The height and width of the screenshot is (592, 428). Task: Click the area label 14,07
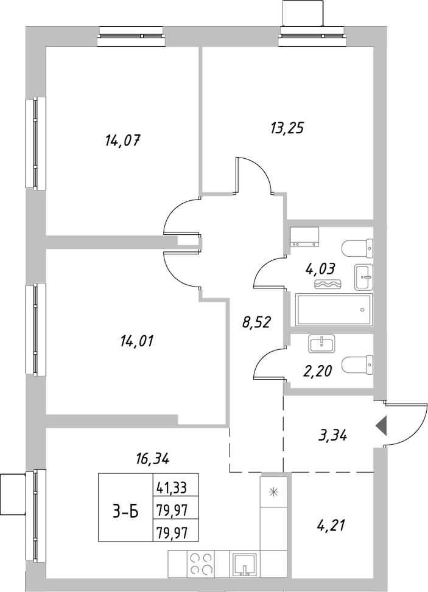[123, 141]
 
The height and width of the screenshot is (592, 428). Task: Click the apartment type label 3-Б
[125, 512]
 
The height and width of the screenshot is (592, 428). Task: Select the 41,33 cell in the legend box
[172, 486]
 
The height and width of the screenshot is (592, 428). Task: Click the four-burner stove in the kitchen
[200, 563]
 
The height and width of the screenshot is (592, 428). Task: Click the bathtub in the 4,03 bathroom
[333, 310]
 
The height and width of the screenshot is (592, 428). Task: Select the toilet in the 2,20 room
[357, 365]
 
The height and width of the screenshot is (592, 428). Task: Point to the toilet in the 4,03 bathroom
[357, 248]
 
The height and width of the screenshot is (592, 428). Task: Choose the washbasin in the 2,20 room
[321, 344]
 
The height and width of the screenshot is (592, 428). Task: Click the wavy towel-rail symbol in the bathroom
[329, 284]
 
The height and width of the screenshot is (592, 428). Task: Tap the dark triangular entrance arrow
[381, 425]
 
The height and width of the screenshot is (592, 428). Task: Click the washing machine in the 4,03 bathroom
[305, 236]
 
